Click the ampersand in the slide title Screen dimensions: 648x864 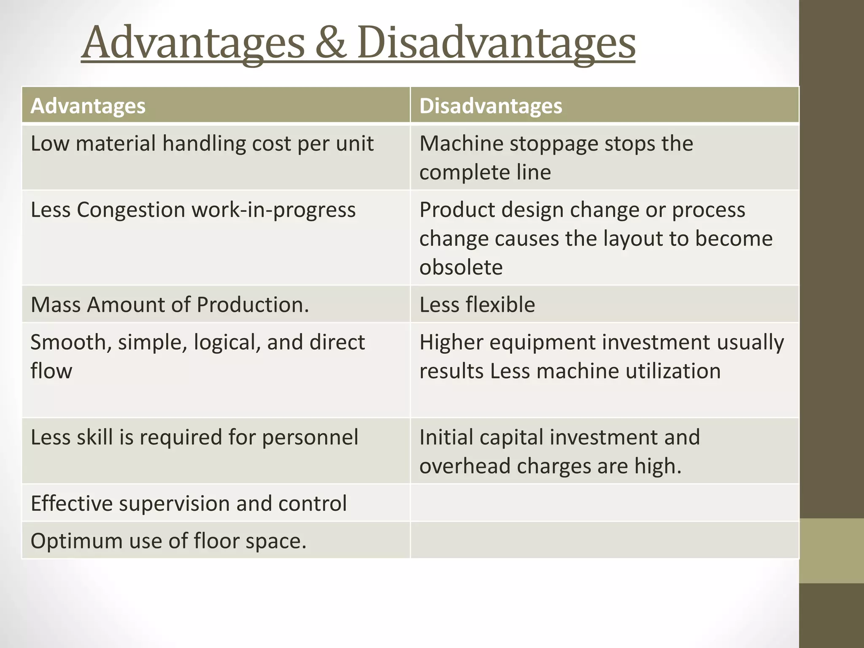tap(331, 43)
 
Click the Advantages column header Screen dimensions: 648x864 tap(88, 106)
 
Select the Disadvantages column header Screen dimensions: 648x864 tap(490, 106)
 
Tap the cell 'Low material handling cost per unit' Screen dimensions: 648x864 tap(202, 144)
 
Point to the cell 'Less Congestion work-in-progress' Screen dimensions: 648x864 tap(193, 210)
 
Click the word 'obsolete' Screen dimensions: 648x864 tap(461, 267)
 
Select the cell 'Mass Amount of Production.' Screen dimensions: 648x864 tap(170, 305)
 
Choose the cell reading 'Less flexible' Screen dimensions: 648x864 tap(477, 305)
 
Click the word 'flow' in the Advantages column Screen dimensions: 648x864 tap(51, 371)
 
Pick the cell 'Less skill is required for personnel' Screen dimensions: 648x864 tap(194, 437)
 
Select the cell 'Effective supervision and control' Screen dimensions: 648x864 tap(189, 504)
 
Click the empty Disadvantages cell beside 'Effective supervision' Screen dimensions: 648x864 tap(604, 503)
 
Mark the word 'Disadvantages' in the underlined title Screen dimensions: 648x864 tap(496, 43)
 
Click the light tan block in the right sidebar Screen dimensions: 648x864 tap(831, 551)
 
